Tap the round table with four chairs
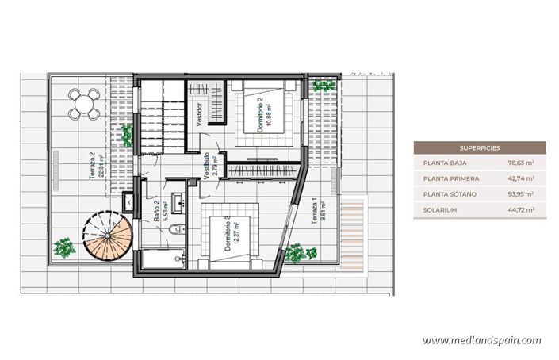[x=83, y=103]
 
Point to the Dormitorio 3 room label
[x=231, y=235]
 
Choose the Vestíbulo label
[x=209, y=166]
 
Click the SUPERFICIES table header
[x=480, y=147]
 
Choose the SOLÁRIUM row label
[x=440, y=210]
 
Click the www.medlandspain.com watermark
[x=481, y=340]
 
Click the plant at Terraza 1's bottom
[x=296, y=253]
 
